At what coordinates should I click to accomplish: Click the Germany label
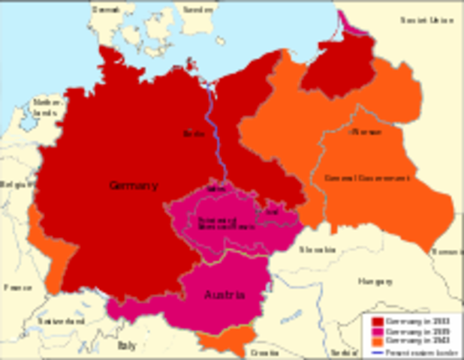click(134, 185)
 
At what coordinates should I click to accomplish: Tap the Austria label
click(224, 295)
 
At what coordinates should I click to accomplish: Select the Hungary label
click(375, 282)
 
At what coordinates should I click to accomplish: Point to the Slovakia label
click(317, 249)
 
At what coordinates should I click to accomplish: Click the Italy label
click(127, 346)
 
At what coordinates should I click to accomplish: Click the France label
click(17, 287)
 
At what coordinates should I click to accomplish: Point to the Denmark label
click(105, 10)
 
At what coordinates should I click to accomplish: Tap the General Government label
click(366, 178)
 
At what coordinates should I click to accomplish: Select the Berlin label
click(194, 133)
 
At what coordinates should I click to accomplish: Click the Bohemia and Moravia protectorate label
click(215, 223)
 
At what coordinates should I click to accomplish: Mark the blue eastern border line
click(215, 135)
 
